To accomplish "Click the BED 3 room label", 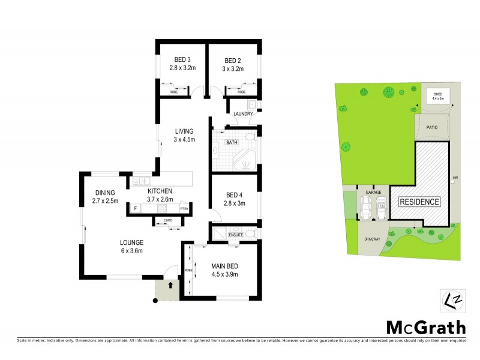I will pos(182,60).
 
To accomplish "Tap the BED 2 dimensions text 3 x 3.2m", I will pos(233,69).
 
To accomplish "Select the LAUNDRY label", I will pos(242,114).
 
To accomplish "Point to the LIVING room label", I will pos(184,131).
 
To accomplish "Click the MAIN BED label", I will pos(225,266).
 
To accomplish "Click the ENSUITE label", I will pos(236,234).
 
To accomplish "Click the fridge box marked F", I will pos(136,208).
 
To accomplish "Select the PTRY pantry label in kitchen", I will pos(184,208).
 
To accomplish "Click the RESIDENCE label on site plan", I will pos(420,202).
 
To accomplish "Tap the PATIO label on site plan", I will pos(431,127).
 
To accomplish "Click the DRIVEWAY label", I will pos(372,239).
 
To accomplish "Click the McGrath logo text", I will pos(425,327).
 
